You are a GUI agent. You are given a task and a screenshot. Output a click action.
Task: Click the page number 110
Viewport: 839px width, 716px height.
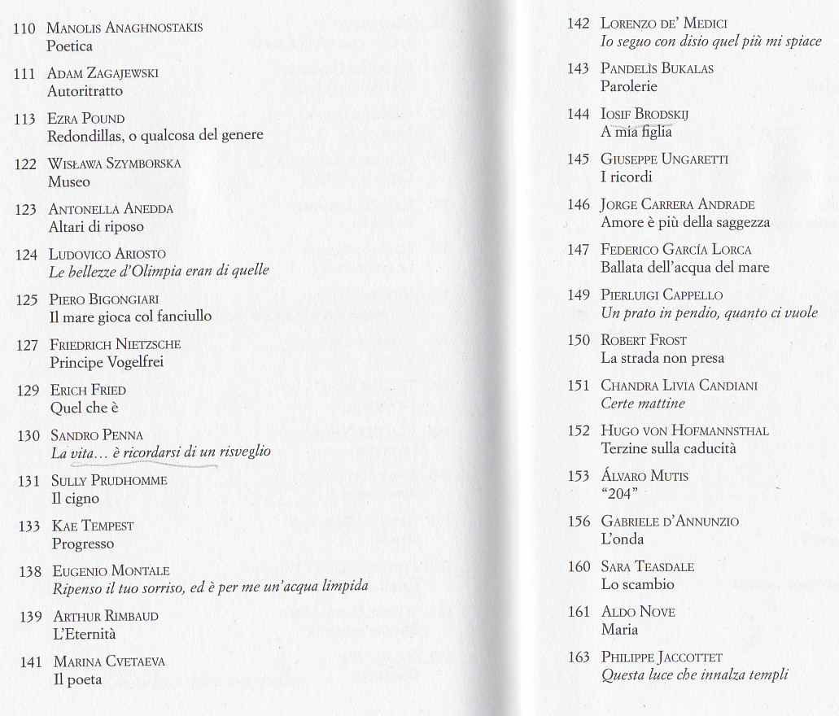24,28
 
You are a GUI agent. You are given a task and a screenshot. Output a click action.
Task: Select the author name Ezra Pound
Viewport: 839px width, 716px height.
85,119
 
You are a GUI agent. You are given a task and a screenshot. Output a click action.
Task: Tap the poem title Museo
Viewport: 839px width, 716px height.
68,181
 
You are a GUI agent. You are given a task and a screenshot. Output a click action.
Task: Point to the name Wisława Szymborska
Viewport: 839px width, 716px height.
114,164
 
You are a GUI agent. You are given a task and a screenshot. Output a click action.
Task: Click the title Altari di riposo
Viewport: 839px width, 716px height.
96,227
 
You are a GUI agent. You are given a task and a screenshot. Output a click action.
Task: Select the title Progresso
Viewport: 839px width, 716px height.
83,544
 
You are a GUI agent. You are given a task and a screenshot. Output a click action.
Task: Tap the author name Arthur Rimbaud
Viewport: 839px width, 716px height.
106,616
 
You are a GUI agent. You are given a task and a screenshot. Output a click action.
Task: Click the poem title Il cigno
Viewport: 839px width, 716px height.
75,498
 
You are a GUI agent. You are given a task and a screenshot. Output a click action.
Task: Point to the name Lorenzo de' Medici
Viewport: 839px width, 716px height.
663,24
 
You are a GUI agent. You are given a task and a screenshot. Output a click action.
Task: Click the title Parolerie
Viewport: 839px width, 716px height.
628,86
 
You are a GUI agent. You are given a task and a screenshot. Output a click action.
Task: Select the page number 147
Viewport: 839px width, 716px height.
578,250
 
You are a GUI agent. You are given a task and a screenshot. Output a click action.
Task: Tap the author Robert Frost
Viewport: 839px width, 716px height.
643,340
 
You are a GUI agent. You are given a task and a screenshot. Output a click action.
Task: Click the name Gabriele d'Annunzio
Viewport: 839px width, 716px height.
670,522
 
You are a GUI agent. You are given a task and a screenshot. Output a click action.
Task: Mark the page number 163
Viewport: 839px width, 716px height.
578,657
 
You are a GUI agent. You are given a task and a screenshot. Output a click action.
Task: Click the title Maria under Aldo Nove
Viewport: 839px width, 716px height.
619,630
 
